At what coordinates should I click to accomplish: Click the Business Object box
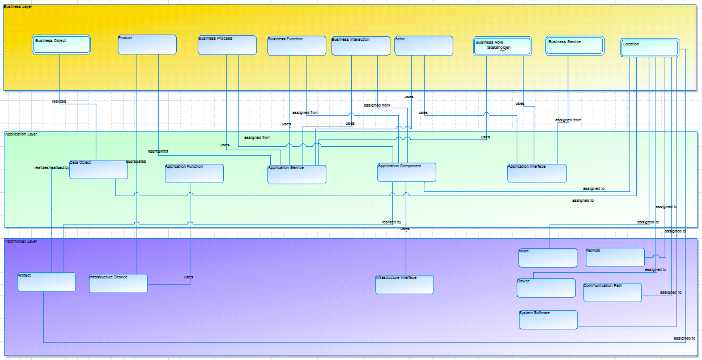[x=61, y=45]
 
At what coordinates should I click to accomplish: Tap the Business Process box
[x=227, y=45]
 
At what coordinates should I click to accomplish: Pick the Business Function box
[x=297, y=46]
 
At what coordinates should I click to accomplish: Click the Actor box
[x=424, y=46]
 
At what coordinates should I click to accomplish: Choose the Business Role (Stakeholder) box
[x=503, y=46]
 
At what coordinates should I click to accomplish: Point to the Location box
[x=650, y=48]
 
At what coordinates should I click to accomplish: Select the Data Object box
[x=99, y=170]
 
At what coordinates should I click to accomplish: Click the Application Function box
[x=194, y=173]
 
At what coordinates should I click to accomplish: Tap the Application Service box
[x=297, y=175]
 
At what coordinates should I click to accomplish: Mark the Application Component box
[x=407, y=172]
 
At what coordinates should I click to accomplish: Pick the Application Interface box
[x=537, y=173]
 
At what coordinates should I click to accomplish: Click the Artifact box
[x=46, y=282]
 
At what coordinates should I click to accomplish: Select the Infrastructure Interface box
[x=405, y=285]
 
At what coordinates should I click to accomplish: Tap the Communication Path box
[x=612, y=293]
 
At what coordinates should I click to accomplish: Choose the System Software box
[x=548, y=320]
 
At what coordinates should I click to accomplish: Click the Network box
[x=615, y=257]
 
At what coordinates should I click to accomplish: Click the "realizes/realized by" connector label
[x=52, y=168]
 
